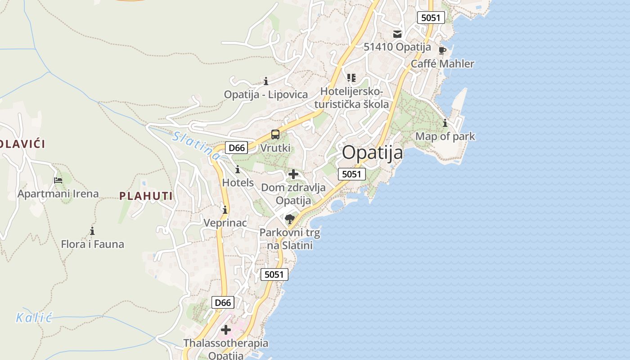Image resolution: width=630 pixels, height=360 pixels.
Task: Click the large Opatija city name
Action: (x=372, y=153)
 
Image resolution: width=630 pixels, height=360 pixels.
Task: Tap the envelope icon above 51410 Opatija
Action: (x=397, y=34)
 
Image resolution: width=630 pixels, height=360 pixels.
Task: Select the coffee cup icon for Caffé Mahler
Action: (x=442, y=50)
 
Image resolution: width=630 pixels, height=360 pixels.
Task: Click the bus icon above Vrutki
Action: (x=275, y=134)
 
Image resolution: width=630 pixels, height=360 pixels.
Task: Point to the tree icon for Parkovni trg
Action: (x=290, y=219)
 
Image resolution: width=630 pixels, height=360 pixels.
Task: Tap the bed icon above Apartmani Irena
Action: (x=58, y=180)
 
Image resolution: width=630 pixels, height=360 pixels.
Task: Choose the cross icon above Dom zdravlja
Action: (x=293, y=174)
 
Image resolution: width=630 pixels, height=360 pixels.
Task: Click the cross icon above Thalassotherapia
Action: (x=226, y=330)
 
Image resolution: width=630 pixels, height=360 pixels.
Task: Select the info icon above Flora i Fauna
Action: (x=92, y=231)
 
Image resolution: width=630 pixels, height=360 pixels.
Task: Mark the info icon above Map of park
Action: (x=445, y=123)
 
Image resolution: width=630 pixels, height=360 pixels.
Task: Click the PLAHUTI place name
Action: (x=146, y=196)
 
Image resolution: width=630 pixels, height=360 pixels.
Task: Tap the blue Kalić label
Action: (x=34, y=318)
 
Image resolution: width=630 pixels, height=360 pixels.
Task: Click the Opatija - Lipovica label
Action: (x=266, y=94)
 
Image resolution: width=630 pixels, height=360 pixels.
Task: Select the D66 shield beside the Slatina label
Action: (x=236, y=148)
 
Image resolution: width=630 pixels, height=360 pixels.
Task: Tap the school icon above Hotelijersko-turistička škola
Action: (x=351, y=78)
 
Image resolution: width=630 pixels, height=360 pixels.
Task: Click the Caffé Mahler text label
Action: (x=442, y=63)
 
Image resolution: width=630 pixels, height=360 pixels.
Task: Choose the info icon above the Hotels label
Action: (x=238, y=170)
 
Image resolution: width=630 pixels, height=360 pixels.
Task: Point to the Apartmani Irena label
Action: (x=58, y=194)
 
